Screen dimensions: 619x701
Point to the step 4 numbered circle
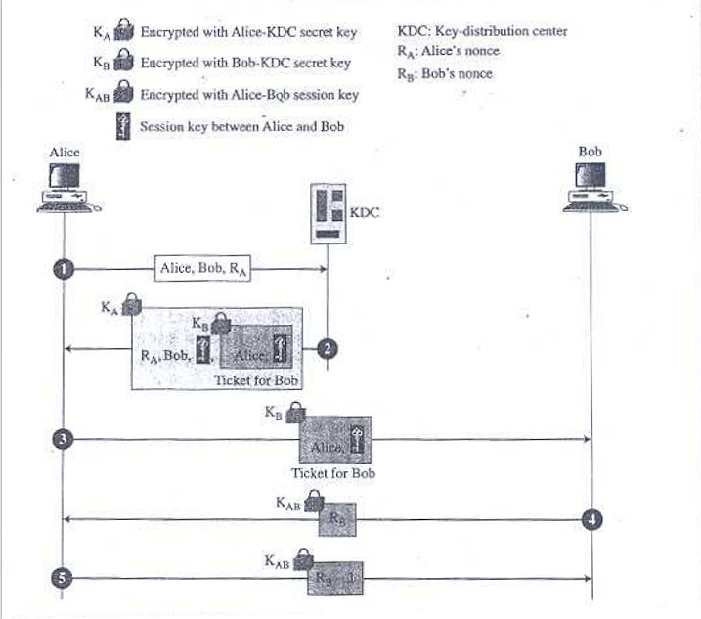(x=591, y=518)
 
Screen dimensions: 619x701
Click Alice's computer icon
(x=64, y=186)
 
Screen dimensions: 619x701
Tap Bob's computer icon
(x=591, y=186)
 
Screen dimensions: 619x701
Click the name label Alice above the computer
(x=64, y=152)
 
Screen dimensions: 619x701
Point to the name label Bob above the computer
(x=591, y=152)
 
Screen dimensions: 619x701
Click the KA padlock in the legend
(x=123, y=33)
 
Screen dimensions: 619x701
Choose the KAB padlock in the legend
(x=123, y=96)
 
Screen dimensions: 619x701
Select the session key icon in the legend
(x=123, y=128)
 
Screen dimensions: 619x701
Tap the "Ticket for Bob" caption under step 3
(x=333, y=474)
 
